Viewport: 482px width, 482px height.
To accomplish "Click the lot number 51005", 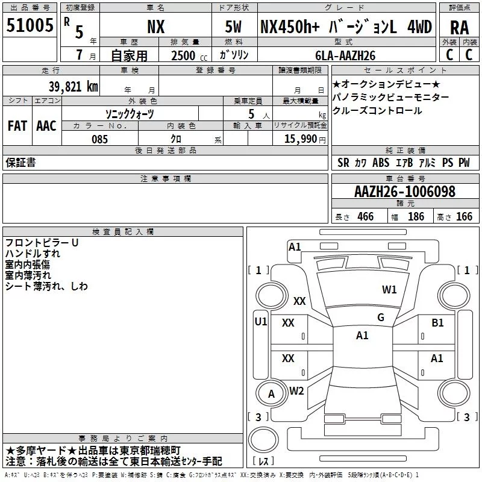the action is [30, 25].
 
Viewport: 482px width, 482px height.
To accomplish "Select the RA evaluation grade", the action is [459, 28].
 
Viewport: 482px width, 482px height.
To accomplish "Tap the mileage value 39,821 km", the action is [73, 87].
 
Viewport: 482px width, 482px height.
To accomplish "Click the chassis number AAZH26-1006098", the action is [404, 192].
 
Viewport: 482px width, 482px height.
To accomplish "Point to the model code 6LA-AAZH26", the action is [345, 55].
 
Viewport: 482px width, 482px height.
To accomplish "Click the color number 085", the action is [99, 139].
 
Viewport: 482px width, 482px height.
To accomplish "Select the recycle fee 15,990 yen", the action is [305, 139].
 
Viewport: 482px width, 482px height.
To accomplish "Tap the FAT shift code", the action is [17, 126].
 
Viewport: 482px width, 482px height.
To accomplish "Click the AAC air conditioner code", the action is [46, 126].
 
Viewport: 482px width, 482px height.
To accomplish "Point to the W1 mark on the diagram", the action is [389, 289].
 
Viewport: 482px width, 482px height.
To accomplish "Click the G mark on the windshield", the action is [381, 318].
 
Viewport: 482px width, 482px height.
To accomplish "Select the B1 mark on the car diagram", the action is [437, 323].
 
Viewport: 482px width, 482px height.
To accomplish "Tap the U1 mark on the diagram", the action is [261, 322].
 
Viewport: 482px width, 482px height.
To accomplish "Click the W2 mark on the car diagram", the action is [296, 391].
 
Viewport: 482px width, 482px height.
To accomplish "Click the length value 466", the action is [365, 216].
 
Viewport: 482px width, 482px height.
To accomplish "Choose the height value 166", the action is [464, 216].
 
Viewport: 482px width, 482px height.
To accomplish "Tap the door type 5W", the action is [233, 27].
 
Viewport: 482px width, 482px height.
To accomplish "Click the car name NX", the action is [156, 27].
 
